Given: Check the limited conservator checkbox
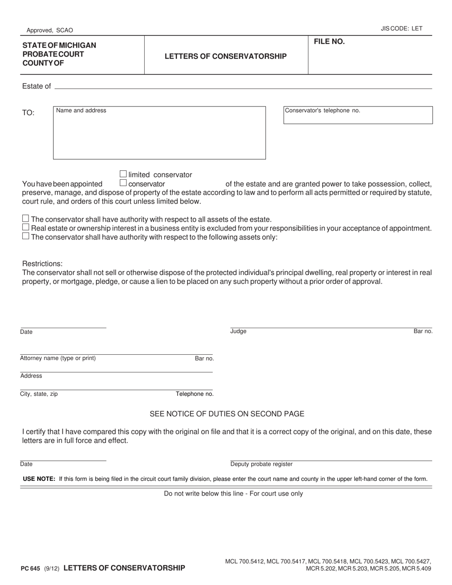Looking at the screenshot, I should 123,174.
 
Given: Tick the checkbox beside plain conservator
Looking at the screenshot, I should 123,183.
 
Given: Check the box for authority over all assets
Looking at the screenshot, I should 26,219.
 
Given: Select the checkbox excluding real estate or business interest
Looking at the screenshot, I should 26,227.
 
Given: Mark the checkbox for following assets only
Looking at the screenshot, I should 26,236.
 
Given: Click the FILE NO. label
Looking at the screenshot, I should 329,42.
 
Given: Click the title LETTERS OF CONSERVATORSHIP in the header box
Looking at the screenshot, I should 226,56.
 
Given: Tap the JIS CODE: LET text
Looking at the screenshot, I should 401,29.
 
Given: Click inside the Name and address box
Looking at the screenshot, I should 159,136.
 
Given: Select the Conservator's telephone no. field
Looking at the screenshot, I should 358,116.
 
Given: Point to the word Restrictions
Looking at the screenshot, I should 42,263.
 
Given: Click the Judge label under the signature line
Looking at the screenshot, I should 238,331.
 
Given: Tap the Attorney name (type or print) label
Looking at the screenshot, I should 58,358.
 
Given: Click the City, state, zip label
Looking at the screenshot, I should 39,394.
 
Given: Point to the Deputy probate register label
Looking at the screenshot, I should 261,464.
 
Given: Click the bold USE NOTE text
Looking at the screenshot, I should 39,479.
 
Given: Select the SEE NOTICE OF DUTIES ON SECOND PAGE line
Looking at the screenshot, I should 227,414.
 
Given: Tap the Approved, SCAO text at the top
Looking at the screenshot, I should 50,30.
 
